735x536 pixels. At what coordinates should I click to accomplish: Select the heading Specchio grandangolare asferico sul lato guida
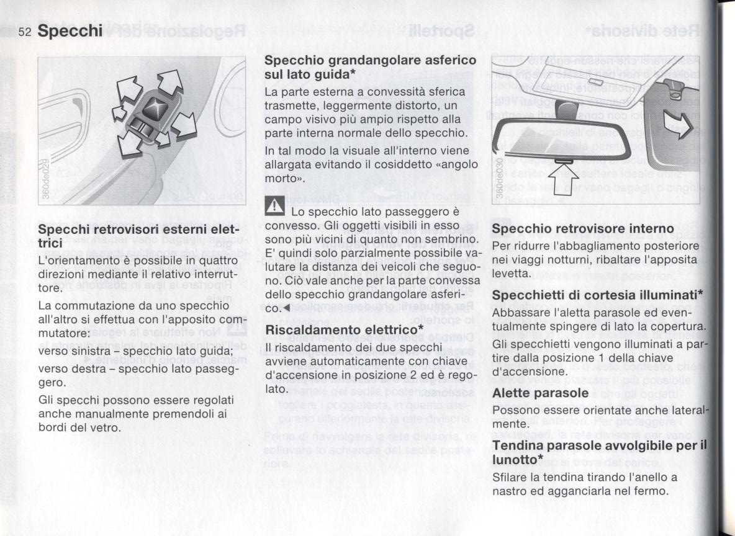[371, 67]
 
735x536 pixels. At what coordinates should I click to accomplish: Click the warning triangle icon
[274, 205]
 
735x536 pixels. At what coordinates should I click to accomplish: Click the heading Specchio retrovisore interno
[574, 229]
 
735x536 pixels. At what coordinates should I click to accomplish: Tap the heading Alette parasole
[539, 393]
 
